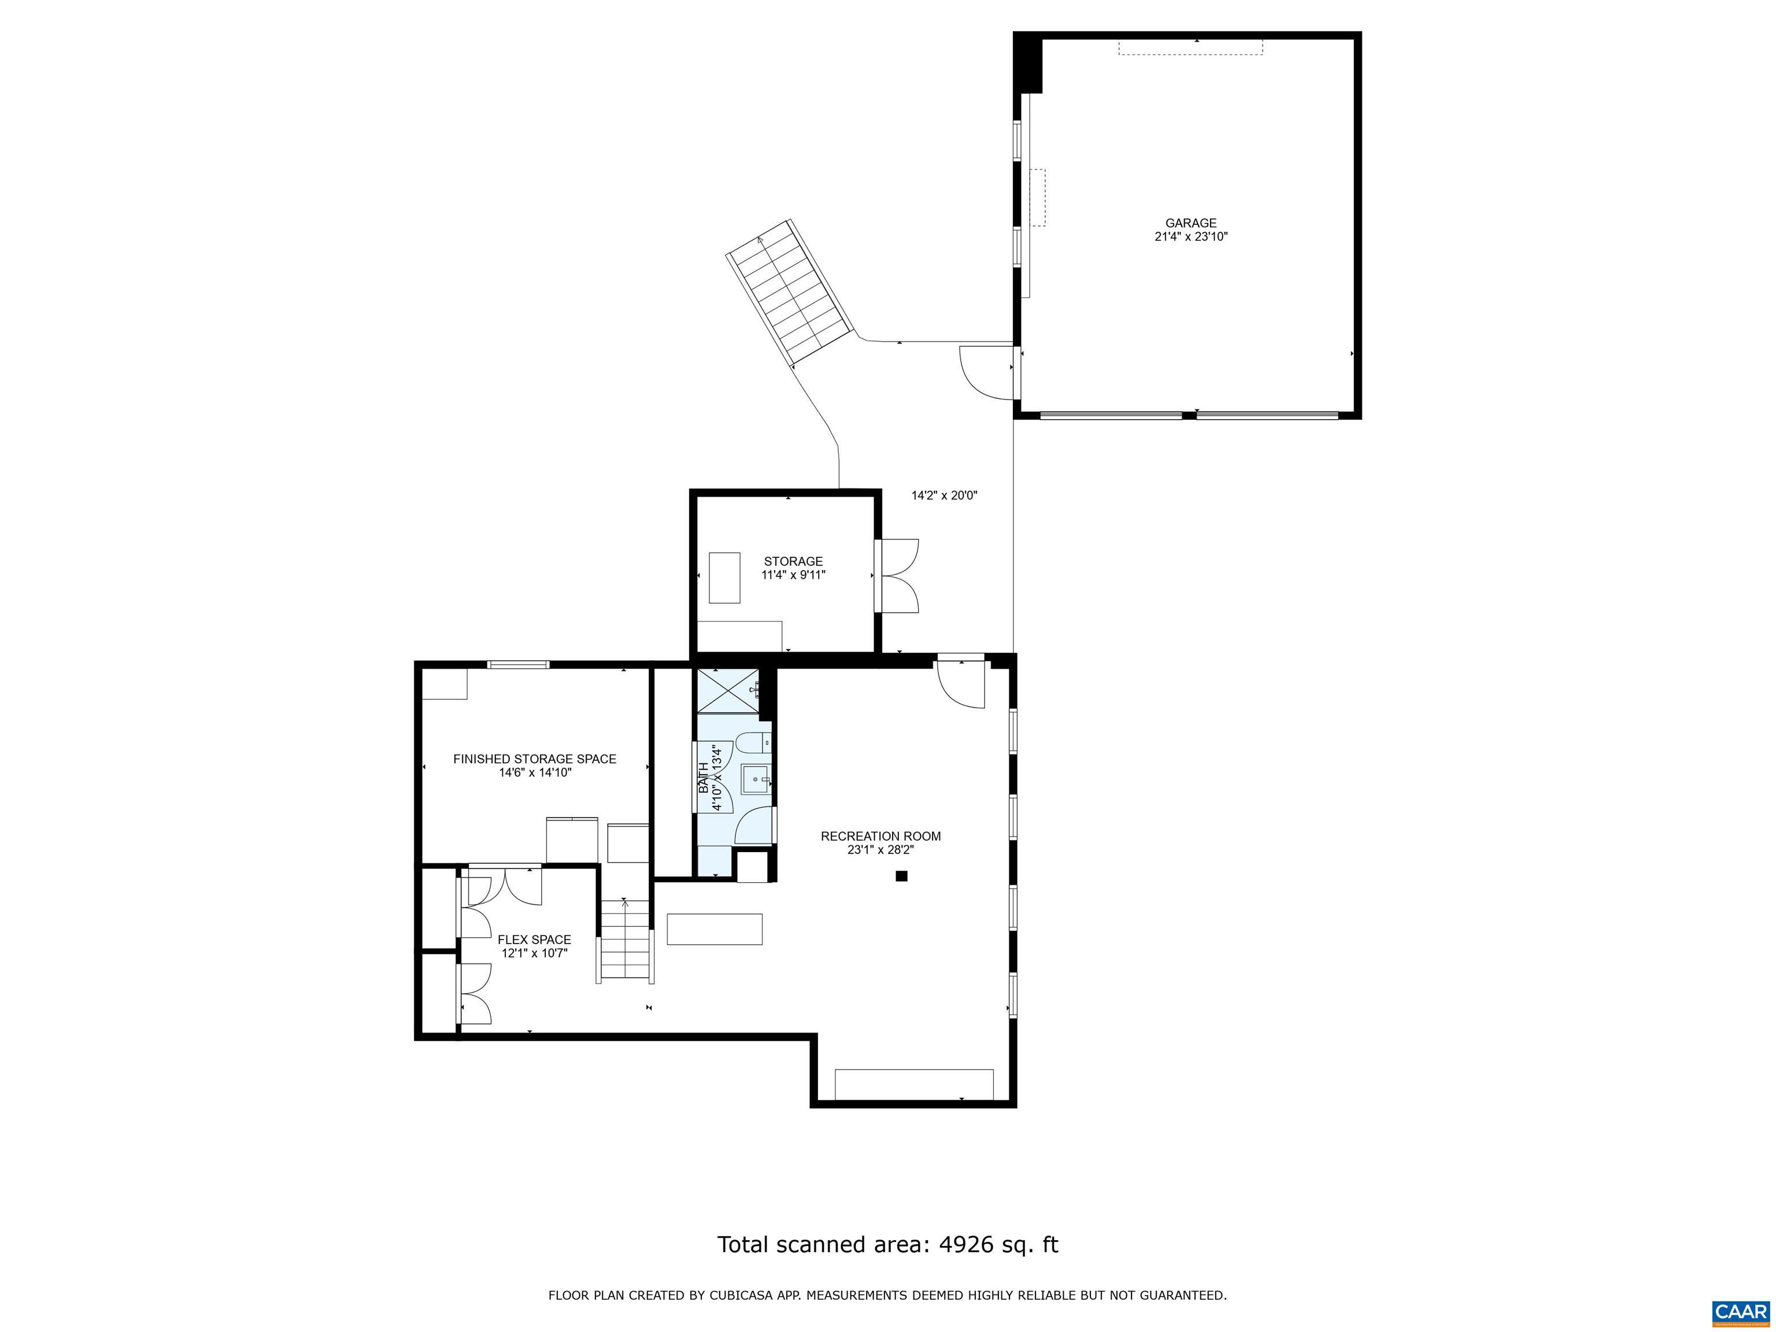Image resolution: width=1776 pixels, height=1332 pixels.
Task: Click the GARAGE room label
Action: click(1191, 223)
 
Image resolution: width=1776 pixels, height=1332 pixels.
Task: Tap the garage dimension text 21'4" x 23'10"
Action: click(1191, 237)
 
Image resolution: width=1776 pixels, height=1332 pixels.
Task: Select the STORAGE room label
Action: click(793, 561)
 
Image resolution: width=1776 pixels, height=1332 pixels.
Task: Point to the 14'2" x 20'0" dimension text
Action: click(944, 495)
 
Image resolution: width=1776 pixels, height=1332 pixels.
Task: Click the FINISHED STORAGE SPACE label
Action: click(535, 758)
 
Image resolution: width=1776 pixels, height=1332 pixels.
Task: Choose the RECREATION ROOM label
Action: click(881, 836)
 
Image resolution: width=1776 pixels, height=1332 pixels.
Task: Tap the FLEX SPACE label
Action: click(534, 939)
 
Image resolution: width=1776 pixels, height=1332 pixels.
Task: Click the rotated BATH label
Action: click(704, 778)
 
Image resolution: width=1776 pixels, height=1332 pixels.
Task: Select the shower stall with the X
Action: click(727, 690)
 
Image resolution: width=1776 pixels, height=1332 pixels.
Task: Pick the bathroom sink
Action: click(754, 779)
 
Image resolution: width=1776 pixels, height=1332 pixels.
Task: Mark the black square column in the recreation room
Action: click(902, 876)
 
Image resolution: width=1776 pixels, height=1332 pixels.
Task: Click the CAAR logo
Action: click(1740, 1311)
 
